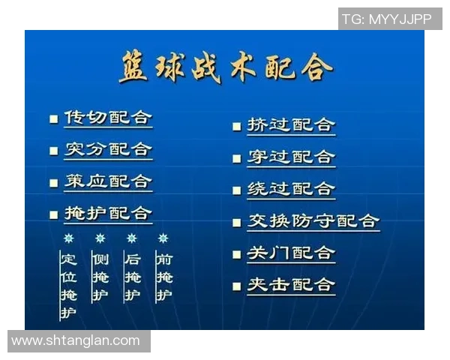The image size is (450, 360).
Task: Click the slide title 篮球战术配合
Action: coord(225,67)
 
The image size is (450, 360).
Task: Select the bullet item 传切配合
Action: coord(108,118)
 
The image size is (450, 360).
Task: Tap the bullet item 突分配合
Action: coord(108,149)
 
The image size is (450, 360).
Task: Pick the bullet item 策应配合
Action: coord(108,181)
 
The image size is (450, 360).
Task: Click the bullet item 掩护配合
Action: coord(108,213)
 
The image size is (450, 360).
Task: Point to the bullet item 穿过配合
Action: coord(291,157)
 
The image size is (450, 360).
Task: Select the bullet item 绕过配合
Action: coord(291,189)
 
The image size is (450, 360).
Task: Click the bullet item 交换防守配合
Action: coord(313,221)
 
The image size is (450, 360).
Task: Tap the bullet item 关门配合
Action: coord(291,253)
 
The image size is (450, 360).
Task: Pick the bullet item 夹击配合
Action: coord(291,285)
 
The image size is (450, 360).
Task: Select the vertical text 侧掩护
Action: coord(100,277)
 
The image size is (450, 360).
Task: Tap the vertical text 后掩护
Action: coord(132,277)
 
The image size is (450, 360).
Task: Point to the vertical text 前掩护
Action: coord(163,277)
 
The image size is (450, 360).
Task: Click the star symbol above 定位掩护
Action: coord(68,238)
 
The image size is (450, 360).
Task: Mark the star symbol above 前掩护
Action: coord(163,238)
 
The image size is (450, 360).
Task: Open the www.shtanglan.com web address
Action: coord(76,340)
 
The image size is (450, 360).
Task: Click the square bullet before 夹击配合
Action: coord(237,286)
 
